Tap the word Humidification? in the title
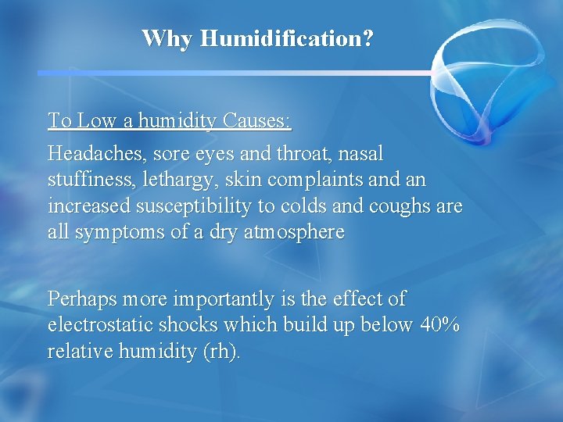(287, 38)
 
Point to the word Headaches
(92, 152)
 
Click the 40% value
(439, 326)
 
